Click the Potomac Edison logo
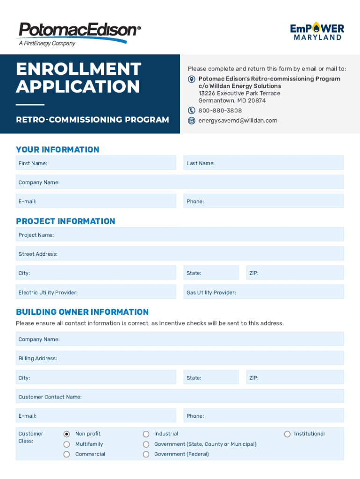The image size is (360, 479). click(x=79, y=33)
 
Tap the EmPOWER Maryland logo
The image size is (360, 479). click(x=317, y=31)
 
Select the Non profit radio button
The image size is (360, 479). click(x=66, y=434)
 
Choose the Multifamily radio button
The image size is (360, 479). click(x=66, y=444)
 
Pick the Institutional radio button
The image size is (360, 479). click(x=288, y=434)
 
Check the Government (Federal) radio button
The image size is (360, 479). click(x=146, y=454)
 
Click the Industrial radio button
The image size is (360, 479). click(x=146, y=434)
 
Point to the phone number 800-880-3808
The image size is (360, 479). click(x=220, y=111)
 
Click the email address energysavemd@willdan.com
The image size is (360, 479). click(x=238, y=121)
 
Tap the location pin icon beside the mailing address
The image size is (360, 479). click(x=192, y=79)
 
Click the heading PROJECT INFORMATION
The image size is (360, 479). click(x=65, y=221)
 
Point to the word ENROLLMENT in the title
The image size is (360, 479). click(x=79, y=69)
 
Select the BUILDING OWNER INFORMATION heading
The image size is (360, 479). click(x=82, y=312)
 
